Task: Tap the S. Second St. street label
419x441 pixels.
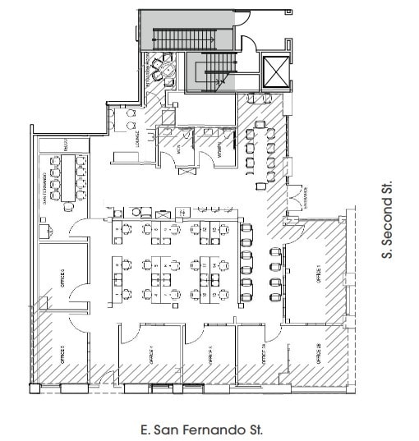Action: (x=386, y=220)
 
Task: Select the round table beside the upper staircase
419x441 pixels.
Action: (x=168, y=72)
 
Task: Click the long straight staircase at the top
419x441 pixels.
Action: (x=182, y=38)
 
